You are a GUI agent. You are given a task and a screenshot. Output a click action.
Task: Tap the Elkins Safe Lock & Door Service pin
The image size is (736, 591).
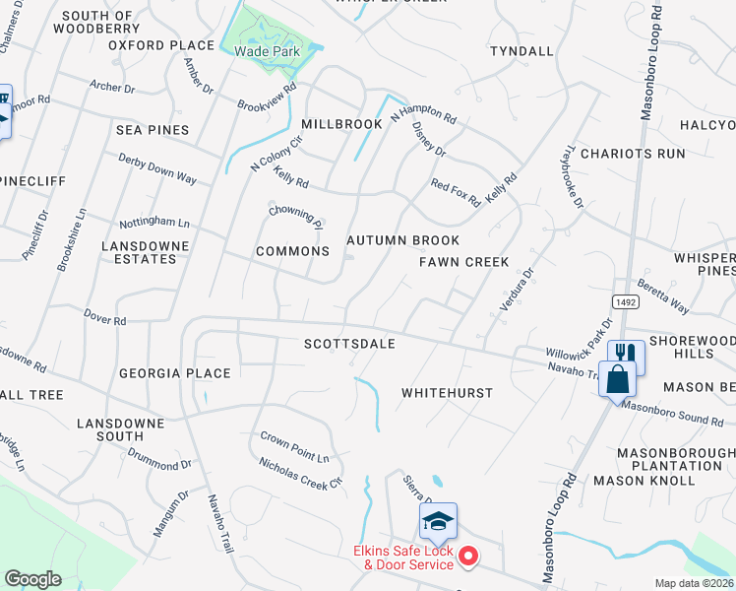click(x=469, y=558)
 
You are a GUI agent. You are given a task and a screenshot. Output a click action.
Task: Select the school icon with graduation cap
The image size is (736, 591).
click(x=439, y=522)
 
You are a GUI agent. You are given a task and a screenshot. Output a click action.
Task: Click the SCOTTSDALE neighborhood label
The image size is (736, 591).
click(x=349, y=344)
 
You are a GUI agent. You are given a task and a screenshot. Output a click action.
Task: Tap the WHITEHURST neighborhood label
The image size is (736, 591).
click(x=447, y=392)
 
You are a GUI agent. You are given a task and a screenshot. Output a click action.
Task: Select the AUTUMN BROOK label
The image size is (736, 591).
click(x=402, y=240)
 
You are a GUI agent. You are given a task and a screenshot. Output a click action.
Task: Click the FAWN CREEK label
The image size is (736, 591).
click(x=463, y=262)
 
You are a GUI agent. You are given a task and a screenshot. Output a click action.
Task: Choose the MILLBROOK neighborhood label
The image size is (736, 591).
click(x=341, y=124)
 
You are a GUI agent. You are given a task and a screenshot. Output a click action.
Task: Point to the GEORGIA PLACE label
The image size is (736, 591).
click(x=174, y=373)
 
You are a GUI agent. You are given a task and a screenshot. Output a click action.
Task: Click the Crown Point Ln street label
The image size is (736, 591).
click(x=294, y=446)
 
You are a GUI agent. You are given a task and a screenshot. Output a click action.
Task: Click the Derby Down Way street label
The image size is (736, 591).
click(x=157, y=168)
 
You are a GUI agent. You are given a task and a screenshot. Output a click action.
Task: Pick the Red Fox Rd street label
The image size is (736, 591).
click(x=456, y=193)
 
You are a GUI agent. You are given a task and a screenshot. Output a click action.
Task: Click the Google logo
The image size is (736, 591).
click(x=33, y=579)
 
